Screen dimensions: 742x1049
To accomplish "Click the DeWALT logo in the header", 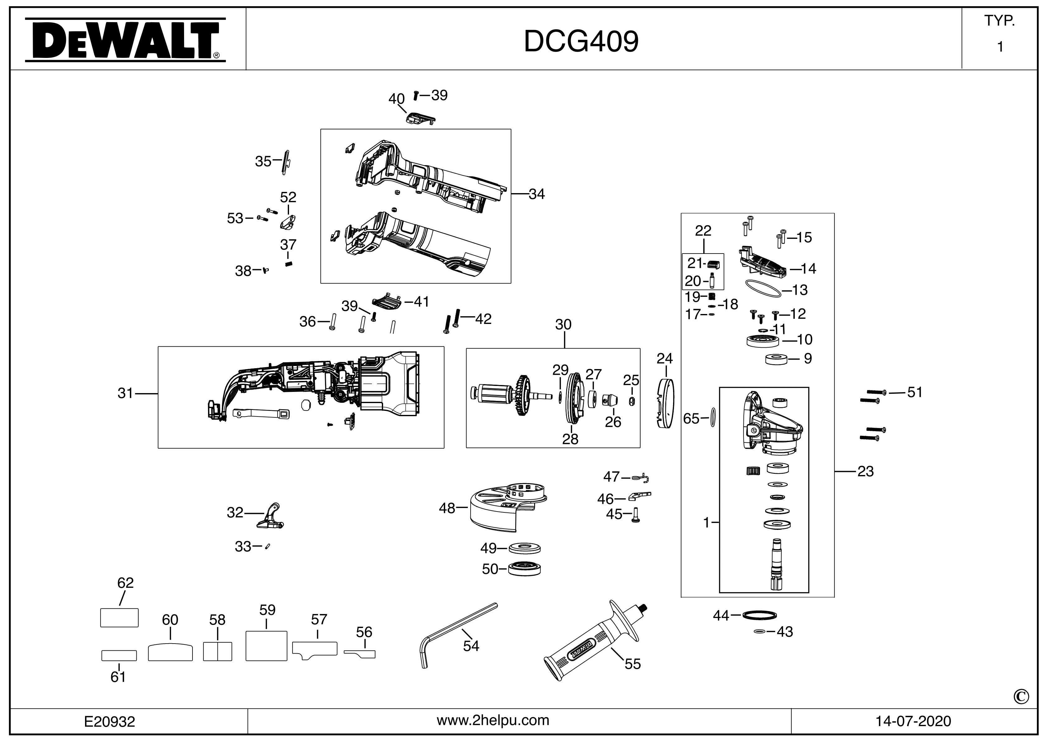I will (x=125, y=40).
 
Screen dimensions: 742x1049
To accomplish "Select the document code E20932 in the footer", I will (x=110, y=721).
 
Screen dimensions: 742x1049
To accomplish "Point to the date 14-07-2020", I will (x=913, y=721).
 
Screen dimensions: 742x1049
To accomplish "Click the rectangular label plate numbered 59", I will (x=266, y=646).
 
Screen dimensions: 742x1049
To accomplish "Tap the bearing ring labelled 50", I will (x=524, y=569).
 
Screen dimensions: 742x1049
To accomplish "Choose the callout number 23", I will (x=865, y=471).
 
